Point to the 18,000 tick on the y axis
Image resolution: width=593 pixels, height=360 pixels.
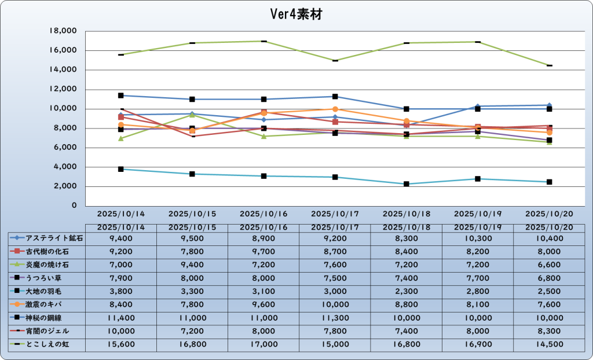click(64, 31)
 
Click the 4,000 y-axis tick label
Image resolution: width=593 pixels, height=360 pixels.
click(67, 167)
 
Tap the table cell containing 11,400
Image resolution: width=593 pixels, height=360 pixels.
click(120, 318)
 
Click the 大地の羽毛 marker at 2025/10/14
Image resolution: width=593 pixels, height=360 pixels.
click(121, 169)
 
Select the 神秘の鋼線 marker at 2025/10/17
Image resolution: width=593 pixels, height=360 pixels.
click(335, 97)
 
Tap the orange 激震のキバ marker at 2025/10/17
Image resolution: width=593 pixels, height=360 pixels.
click(335, 109)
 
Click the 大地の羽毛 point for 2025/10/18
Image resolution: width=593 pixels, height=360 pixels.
click(407, 184)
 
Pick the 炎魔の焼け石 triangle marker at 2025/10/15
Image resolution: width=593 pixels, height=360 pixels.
click(192, 115)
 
